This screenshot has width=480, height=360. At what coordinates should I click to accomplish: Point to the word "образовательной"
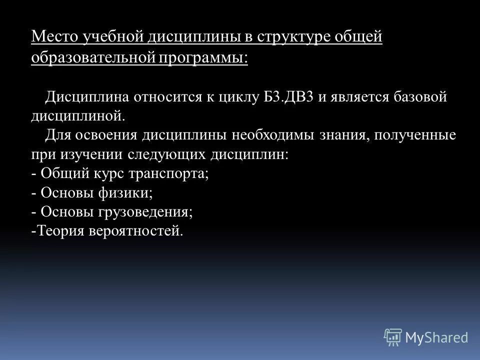pyautogui.click(x=93, y=56)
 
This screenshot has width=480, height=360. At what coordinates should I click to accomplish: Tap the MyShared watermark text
pyautogui.click(x=436, y=337)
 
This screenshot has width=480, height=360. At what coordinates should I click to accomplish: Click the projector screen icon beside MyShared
pyautogui.click(x=393, y=337)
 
